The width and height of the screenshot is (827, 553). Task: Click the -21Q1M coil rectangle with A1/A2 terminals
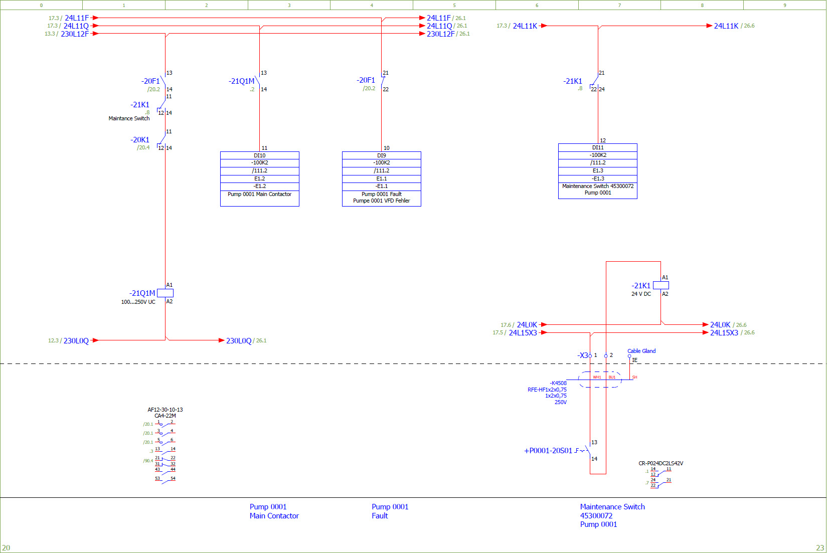pos(165,293)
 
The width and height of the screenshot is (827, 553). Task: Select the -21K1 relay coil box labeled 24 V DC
pos(660,285)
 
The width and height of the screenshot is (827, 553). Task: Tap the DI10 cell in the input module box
pos(260,155)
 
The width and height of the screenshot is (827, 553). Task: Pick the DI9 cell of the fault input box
pos(382,155)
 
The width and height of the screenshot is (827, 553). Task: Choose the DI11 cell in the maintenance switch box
pos(598,147)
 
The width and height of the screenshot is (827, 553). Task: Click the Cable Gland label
pos(641,351)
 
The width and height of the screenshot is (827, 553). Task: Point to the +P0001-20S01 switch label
pos(548,451)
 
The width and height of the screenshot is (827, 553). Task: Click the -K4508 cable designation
pos(558,383)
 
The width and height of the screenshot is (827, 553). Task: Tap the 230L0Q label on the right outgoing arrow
pos(239,341)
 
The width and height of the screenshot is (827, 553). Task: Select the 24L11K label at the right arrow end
pos(726,26)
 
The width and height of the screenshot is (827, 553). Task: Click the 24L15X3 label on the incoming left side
pos(523,333)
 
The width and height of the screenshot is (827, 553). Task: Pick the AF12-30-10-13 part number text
pos(165,410)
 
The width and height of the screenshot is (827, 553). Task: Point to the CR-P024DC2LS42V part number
pos(660,463)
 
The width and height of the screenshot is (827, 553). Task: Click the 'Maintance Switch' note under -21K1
pos(129,119)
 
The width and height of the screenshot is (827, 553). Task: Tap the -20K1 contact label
pos(140,140)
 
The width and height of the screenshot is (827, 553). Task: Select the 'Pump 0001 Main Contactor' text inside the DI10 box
pos(259,194)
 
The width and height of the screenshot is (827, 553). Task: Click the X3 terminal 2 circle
pos(606,356)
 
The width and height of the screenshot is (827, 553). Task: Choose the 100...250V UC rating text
pos(138,302)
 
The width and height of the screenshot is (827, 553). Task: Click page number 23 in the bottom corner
pos(819,547)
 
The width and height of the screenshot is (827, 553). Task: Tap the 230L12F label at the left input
pos(75,34)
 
